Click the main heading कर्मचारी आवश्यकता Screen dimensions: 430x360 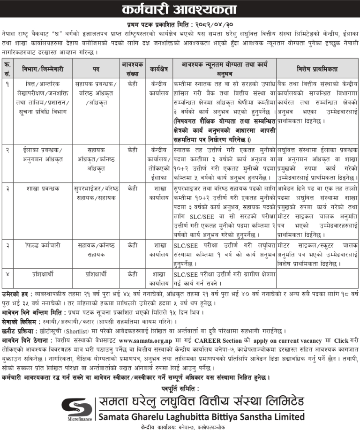180,10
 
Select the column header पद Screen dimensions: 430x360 96,68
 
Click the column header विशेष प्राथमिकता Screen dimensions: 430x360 316,68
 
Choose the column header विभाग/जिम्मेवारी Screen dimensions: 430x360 42,68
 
